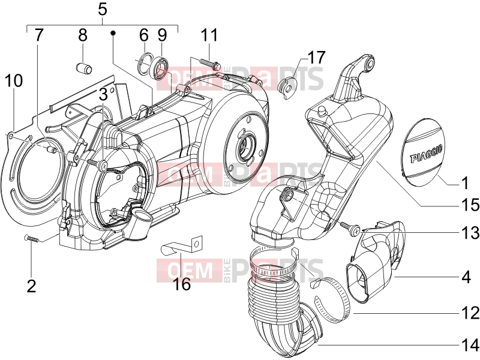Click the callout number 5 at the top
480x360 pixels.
coord(103,10)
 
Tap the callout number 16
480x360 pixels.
coord(182,284)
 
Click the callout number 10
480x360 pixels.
coord(14,80)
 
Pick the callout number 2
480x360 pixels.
coord(32,286)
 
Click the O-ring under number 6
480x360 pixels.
coord(144,64)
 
